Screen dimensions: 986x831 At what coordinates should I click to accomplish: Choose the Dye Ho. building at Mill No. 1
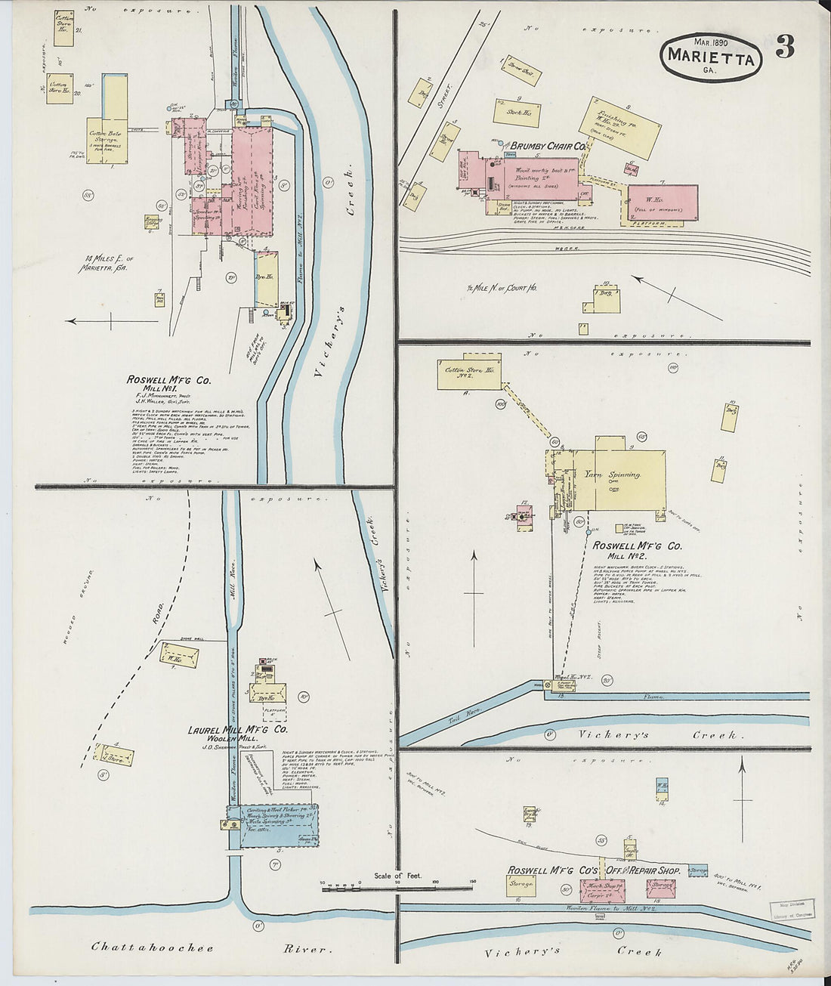(266, 278)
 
